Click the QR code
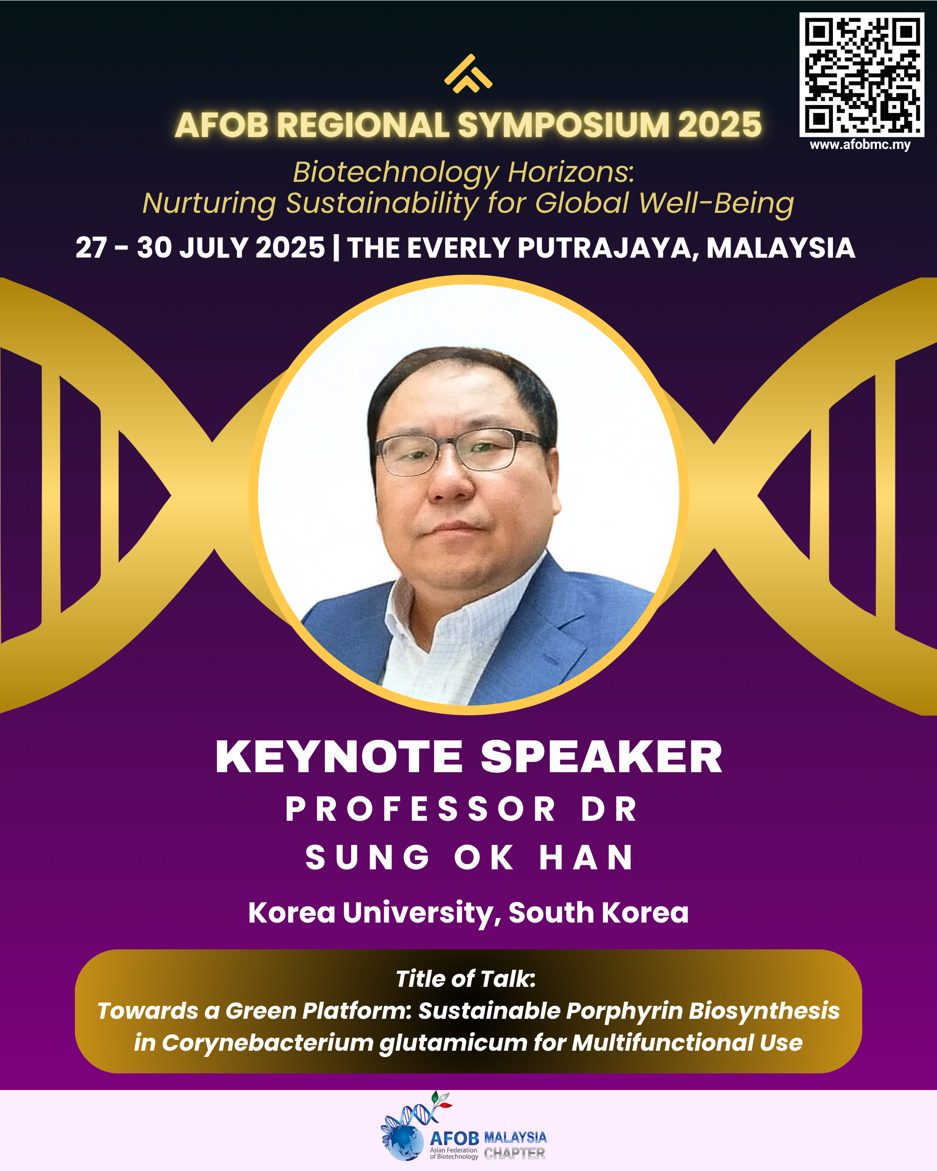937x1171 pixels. pyautogui.click(x=862, y=75)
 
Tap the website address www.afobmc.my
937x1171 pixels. pyautogui.click(x=860, y=145)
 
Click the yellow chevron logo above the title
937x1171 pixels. pyautogui.click(x=468, y=74)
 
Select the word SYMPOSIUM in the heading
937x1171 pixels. pyautogui.click(x=563, y=125)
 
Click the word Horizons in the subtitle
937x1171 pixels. pyautogui.click(x=571, y=172)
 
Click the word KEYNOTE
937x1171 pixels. pyautogui.click(x=339, y=756)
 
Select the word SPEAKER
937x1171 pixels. pyautogui.click(x=602, y=756)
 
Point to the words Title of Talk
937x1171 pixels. pyautogui.click(x=465, y=979)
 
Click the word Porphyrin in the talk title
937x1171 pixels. pyautogui.click(x=625, y=1011)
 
